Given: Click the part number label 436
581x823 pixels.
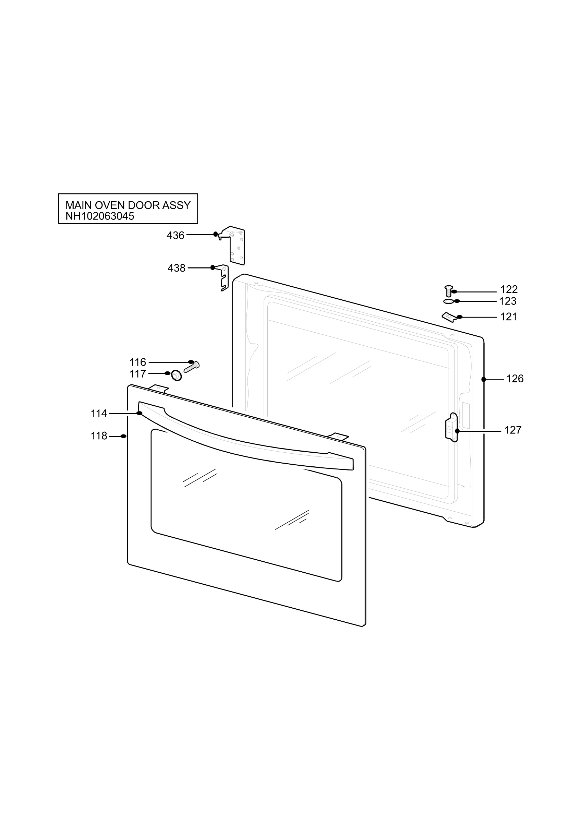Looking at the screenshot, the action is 175,236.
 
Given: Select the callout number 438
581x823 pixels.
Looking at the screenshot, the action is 177,268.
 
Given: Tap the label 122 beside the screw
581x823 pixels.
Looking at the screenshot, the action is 509,289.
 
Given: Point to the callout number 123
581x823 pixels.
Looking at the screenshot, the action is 508,301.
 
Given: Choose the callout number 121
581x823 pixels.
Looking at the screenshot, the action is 509,317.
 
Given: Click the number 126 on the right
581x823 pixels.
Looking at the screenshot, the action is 515,379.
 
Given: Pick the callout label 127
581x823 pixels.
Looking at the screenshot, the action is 513,430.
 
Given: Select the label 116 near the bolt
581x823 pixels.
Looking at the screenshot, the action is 138,362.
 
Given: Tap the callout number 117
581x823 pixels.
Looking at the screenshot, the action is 138,374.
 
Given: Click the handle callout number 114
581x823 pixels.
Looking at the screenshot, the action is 99,414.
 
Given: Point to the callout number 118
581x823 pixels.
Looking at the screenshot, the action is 99,436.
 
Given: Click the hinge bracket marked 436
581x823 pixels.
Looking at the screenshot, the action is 233,246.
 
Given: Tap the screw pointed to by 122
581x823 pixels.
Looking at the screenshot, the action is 448,291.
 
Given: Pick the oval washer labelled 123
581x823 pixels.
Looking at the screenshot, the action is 448,301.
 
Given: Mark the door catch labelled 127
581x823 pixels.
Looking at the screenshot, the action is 452,427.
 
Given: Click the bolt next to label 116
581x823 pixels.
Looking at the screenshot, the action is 192,367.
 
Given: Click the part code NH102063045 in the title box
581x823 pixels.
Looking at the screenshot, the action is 100,216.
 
